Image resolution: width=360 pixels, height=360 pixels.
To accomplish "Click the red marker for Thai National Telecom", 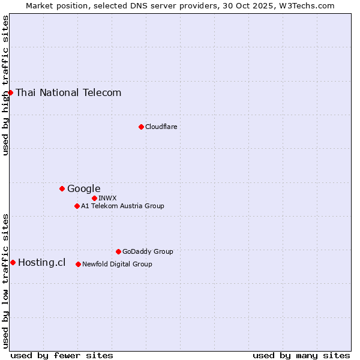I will click(x=11, y=92).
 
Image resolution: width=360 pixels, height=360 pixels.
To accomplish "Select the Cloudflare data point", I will click(x=141, y=127).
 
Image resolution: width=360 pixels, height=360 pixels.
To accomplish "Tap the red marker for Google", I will click(x=62, y=188).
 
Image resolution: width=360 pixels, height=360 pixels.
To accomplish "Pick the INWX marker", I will click(x=94, y=198).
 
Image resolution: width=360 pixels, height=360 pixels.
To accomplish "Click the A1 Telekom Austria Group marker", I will click(x=77, y=206).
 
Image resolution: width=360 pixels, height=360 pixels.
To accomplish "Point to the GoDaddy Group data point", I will click(x=118, y=251).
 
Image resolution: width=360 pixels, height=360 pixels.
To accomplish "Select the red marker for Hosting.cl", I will click(x=13, y=262).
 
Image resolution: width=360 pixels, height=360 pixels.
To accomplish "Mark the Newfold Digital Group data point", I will click(x=78, y=264).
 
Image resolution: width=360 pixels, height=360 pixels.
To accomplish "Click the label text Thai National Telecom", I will click(x=68, y=92).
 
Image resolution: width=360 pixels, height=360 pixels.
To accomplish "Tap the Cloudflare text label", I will click(x=161, y=127).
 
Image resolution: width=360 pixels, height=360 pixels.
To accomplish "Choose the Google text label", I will click(x=83, y=188).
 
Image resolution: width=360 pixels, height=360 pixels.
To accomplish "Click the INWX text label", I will click(x=107, y=198).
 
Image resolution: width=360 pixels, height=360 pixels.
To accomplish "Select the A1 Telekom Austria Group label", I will click(x=122, y=206).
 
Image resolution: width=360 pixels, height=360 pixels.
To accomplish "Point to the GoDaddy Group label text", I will click(x=148, y=251).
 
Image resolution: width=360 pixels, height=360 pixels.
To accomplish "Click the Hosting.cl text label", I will click(x=41, y=262).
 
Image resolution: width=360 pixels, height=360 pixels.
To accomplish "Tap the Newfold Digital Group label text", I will click(x=117, y=264).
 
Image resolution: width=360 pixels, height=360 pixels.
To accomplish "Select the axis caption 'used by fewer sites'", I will click(x=62, y=355).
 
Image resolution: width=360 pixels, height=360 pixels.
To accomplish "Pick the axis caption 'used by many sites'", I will click(x=301, y=355).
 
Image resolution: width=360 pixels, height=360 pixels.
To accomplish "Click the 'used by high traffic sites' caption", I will click(x=5, y=85).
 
